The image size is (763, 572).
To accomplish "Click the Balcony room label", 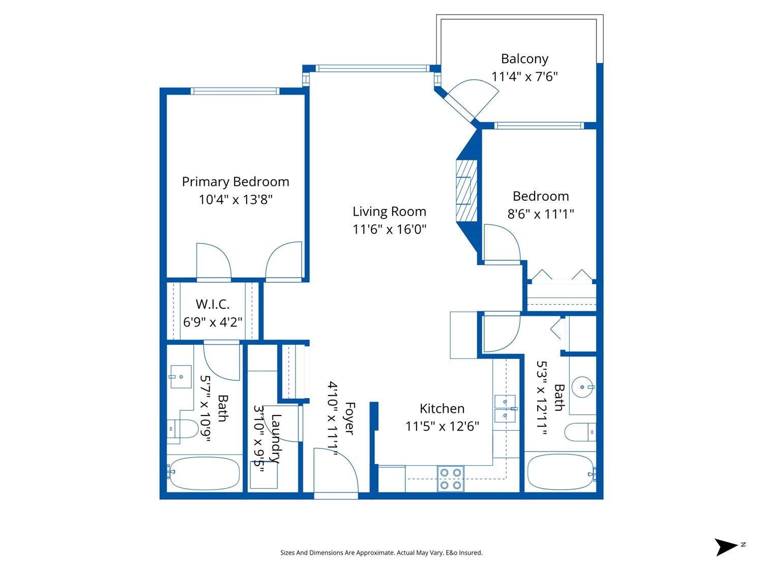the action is [524, 58].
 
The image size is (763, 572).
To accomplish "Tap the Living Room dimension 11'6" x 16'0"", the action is [389, 229].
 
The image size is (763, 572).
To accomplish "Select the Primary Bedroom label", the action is [236, 182].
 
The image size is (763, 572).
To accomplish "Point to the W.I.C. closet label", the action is [213, 304].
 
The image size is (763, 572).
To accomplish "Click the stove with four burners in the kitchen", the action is [451, 478].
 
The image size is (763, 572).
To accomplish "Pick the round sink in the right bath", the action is [582, 387].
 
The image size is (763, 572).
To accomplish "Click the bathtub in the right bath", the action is [561, 473].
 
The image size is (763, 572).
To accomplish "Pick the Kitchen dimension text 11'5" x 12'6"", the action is [442, 426].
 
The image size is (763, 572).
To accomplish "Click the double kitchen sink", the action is [505, 408].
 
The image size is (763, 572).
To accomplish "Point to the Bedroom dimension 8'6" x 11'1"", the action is [541, 214].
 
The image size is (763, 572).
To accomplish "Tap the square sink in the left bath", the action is [181, 376].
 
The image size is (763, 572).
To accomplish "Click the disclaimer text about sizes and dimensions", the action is [382, 553].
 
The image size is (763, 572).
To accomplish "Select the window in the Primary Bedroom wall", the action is [235, 92].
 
